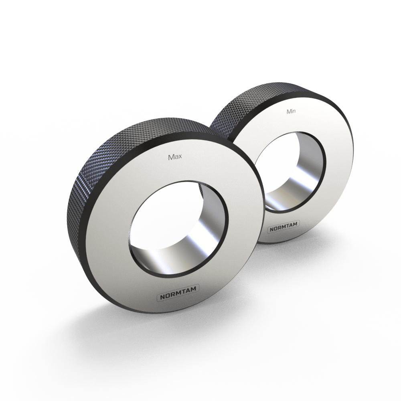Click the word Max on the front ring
[x=175, y=157]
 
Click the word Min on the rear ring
[x=291, y=111]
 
